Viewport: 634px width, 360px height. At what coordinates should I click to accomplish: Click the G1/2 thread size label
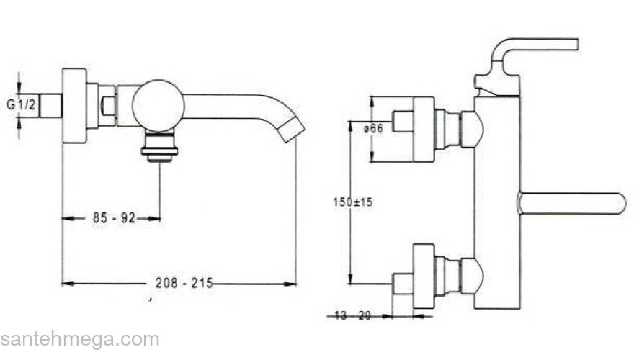click(22, 104)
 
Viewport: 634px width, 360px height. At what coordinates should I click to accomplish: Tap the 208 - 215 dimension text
click(184, 284)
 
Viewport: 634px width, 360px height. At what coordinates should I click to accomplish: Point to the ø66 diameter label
click(372, 128)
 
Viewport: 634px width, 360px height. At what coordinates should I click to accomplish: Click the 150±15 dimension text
click(353, 203)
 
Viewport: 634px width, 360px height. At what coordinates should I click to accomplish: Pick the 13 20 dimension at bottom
click(353, 315)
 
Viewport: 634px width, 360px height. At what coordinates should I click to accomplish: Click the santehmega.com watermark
click(79, 340)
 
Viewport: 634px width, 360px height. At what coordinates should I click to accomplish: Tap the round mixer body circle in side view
click(158, 106)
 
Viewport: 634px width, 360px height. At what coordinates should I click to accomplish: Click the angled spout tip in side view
click(294, 130)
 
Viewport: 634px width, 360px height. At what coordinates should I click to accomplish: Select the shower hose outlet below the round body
click(160, 148)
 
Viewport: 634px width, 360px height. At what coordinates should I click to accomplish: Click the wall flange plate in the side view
click(74, 107)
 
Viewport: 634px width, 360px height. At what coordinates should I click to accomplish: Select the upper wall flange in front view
click(424, 129)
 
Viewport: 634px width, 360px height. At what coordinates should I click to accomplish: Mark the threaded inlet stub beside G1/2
click(50, 106)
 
